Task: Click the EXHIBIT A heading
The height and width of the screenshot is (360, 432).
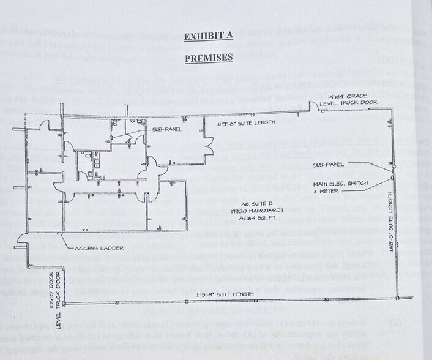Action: click(x=209, y=37)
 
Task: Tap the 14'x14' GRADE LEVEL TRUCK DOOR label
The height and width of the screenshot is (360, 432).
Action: click(x=332, y=100)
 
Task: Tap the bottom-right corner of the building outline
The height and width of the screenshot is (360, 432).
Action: click(x=398, y=298)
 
